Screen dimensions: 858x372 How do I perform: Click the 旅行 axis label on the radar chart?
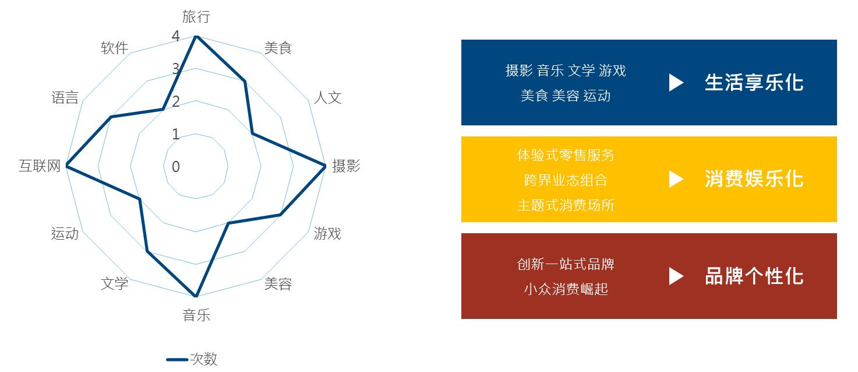coord(196,16)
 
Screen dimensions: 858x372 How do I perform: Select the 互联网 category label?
coord(40,166)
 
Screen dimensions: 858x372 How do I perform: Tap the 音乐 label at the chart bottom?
coord(196,315)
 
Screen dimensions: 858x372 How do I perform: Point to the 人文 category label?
coord(328,97)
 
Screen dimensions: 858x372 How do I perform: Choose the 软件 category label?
coord(115,48)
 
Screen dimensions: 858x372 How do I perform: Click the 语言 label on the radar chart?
coord(65,97)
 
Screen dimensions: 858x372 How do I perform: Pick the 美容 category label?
coord(278,284)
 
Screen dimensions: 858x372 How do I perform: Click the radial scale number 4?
coord(176,36)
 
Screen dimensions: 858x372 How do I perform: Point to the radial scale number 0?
coord(176,167)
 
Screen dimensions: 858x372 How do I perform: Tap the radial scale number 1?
coord(176,134)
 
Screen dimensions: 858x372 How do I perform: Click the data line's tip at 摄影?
coord(325,166)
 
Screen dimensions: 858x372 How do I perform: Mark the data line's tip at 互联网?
coord(66,166)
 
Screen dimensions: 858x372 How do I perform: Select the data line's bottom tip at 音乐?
coord(196,296)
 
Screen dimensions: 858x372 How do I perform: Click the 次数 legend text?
coord(204,359)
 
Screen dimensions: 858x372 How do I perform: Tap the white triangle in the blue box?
coord(676,82)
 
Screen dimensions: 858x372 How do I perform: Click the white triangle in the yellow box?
coord(676,179)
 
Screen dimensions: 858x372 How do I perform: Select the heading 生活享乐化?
coord(754,82)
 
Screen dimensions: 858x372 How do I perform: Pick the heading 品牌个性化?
coord(754,276)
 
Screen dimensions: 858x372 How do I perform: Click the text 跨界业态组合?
coord(566,180)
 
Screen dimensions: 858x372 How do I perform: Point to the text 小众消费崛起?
coord(566,289)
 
